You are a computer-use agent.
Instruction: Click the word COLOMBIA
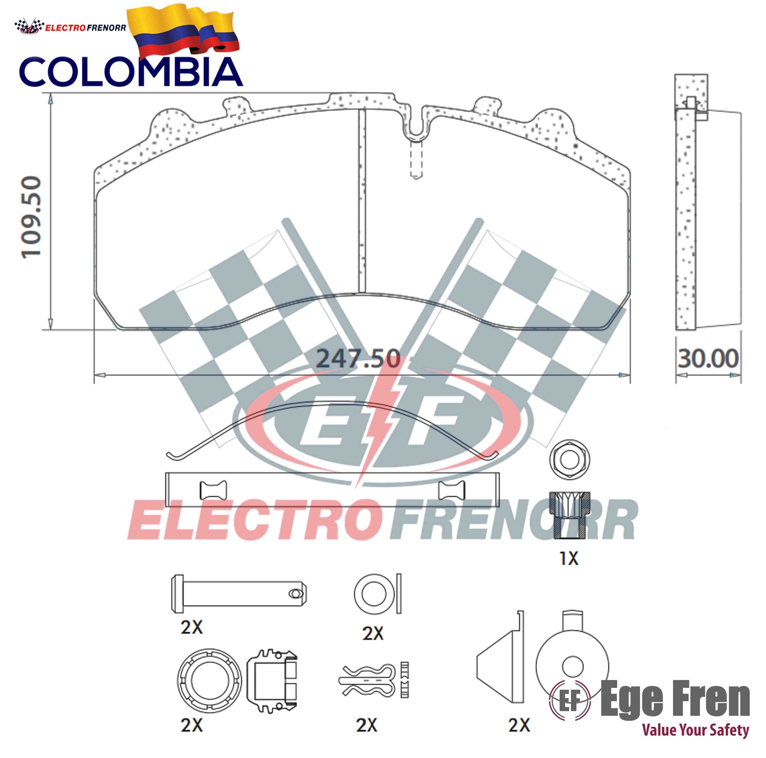tap(131, 72)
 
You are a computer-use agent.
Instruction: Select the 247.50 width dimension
tap(358, 359)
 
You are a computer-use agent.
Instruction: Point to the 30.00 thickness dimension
tap(708, 359)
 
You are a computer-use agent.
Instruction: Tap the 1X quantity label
tap(568, 558)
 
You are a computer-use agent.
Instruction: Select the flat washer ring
tap(374, 593)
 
